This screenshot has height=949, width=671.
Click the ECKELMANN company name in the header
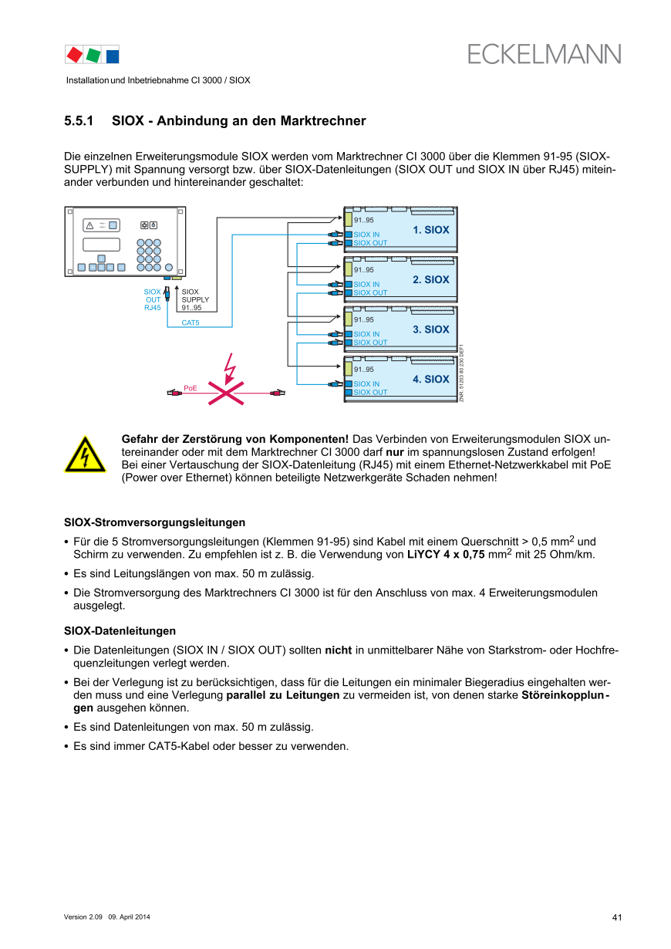tap(544, 54)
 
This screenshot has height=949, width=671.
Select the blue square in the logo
tap(112, 55)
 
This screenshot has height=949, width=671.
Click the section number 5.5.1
tap(79, 121)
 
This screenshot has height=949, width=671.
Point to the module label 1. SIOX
tap(430, 230)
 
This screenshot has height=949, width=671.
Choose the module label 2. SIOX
tap(430, 279)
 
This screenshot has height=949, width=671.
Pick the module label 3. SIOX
tap(430, 329)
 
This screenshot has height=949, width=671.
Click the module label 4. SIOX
tap(430, 379)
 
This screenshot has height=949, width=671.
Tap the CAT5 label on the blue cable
tap(190, 323)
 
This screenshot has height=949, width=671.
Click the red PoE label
tap(191, 387)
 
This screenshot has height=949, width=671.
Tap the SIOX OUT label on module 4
tap(370, 392)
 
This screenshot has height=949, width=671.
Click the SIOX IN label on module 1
tap(366, 235)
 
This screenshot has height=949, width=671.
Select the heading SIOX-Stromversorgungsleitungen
tap(154, 523)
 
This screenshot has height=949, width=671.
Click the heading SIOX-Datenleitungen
tap(120, 630)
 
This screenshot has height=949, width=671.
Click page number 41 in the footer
tap(617, 917)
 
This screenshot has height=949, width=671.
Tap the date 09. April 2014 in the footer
tap(129, 917)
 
